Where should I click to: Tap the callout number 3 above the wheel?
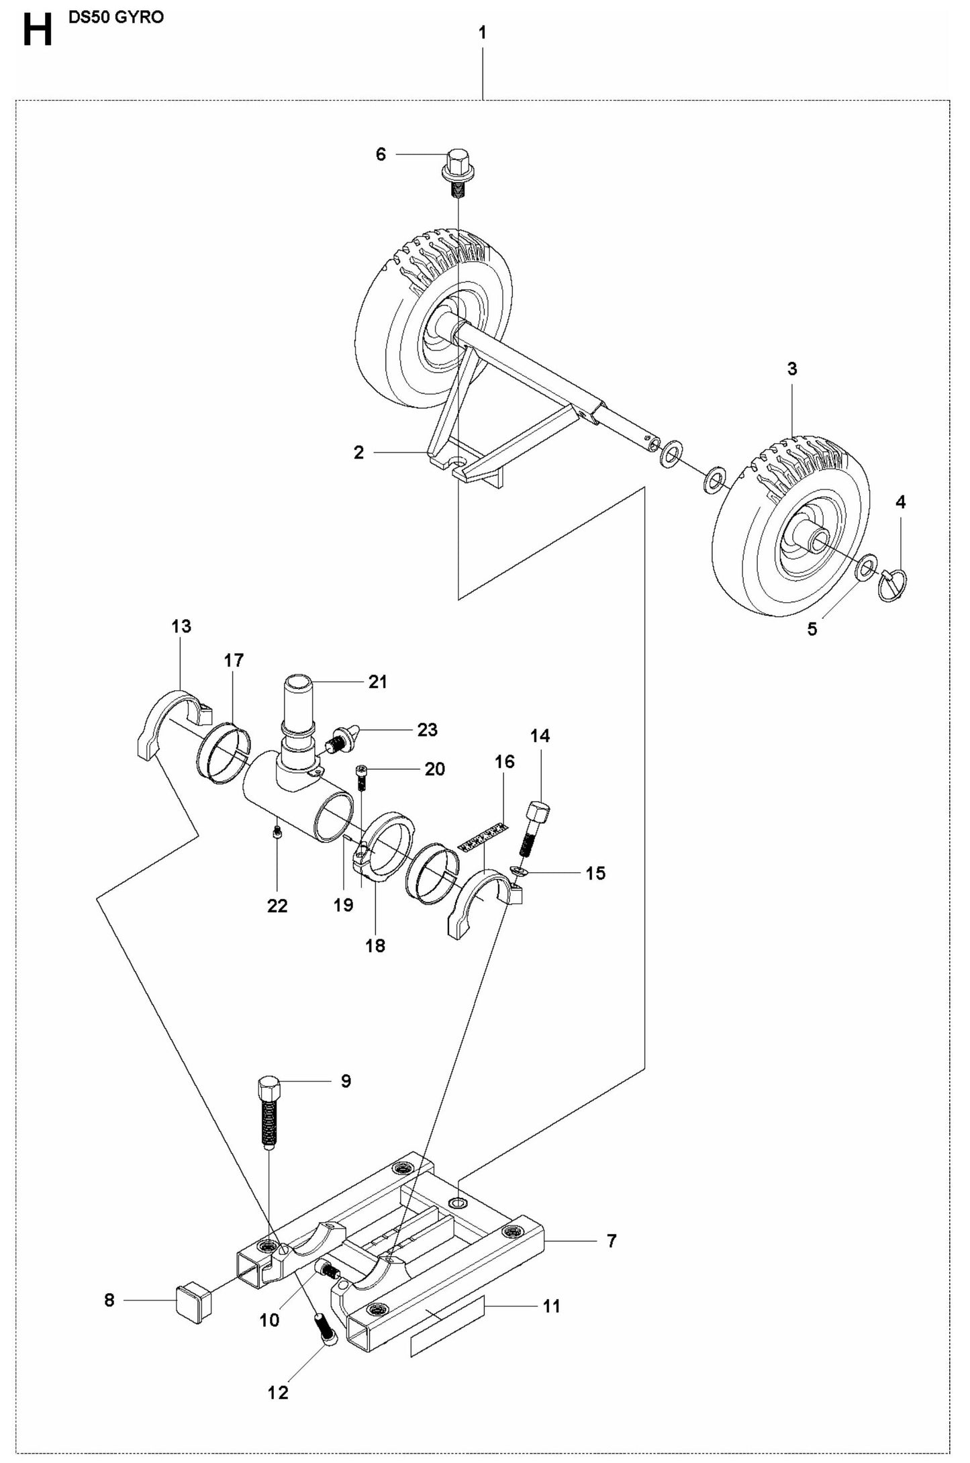pyautogui.click(x=792, y=369)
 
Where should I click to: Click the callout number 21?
pyautogui.click(x=378, y=681)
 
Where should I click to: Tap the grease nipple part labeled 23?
pyautogui.click(x=344, y=739)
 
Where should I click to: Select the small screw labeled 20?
pyautogui.click(x=360, y=779)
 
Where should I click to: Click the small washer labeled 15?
pyautogui.click(x=519, y=871)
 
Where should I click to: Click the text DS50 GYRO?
pyautogui.click(x=115, y=17)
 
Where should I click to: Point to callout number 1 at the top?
pyautogui.click(x=483, y=32)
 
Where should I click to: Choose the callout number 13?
pyautogui.click(x=181, y=626)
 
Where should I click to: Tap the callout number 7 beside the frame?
pyautogui.click(x=611, y=1241)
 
